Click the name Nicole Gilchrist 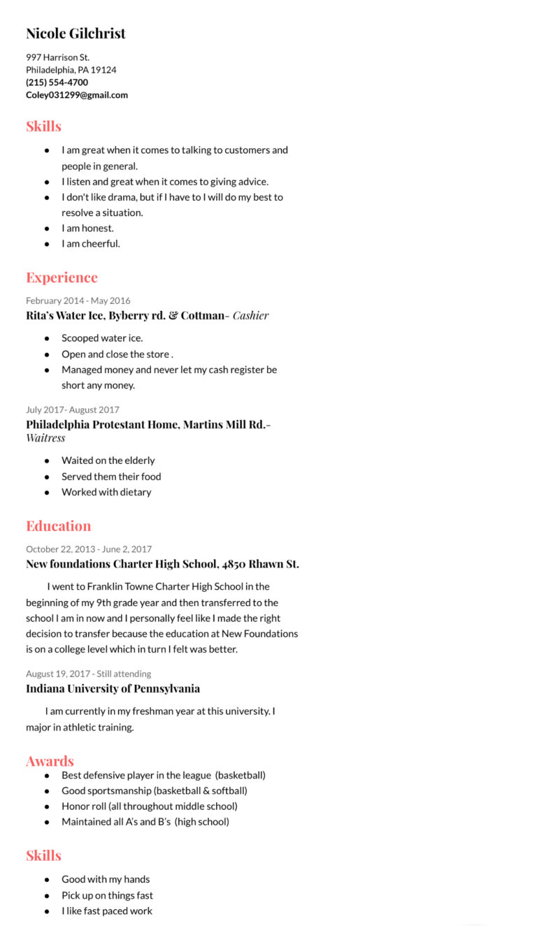76,34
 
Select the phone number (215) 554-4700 57,82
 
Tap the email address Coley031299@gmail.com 77,95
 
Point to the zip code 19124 103,70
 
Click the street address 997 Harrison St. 57,57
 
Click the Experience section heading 62,277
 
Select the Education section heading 58,526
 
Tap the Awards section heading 50,761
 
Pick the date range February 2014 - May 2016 78,301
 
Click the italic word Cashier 250,315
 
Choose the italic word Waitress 45,438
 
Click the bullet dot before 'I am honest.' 47,229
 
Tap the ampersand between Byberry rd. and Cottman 173,315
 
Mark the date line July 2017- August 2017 73,410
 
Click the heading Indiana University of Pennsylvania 113,688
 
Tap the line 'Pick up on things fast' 107,895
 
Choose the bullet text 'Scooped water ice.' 102,338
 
